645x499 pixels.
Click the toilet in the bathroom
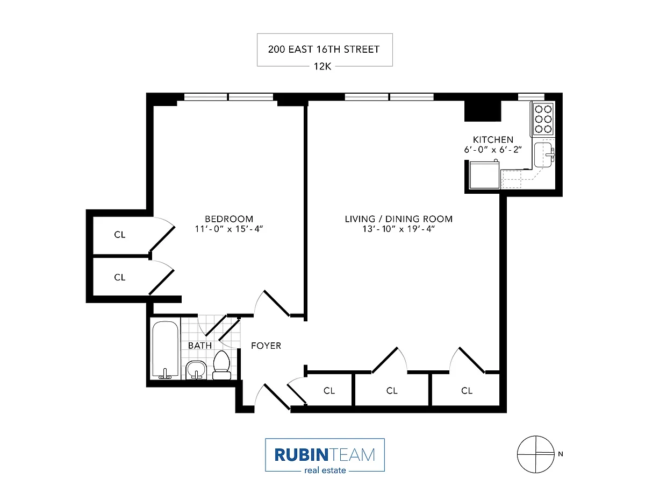pos(222,366)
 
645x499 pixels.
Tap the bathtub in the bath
pos(166,350)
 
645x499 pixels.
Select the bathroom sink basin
pos(196,370)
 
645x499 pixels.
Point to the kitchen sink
pos(543,155)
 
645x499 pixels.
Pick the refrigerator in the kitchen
pos(484,174)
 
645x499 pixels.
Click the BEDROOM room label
pos(229,219)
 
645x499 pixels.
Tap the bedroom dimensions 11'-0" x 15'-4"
pos(229,229)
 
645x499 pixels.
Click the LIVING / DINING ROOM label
pos(399,219)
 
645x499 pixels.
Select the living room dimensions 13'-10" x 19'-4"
pos(399,229)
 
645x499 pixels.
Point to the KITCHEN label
pos(493,139)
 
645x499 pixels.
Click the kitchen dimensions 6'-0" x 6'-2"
pos(493,150)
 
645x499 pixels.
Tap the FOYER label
pos(266,346)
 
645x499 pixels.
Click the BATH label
pos(200,346)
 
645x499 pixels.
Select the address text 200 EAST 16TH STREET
pos(324,50)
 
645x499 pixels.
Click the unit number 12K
pos(322,66)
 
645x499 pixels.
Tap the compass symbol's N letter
pos(561,454)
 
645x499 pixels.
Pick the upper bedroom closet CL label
pos(120,235)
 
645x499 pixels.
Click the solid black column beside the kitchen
pos(483,110)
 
